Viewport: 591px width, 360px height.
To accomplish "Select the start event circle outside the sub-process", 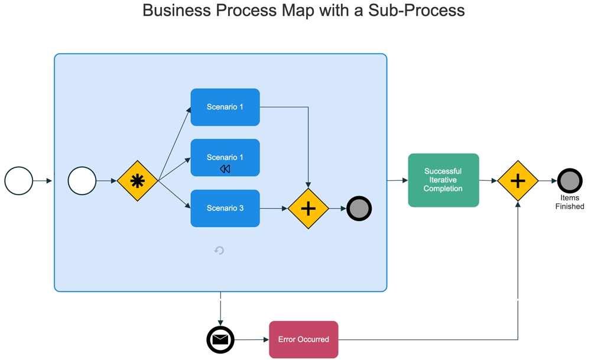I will point(19,180).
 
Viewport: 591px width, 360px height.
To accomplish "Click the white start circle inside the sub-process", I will point(82,180).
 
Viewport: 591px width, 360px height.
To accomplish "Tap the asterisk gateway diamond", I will point(137,181).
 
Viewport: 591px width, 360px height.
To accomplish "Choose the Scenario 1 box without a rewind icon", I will point(225,107).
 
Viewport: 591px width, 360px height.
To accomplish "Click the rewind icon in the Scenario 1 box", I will point(225,169).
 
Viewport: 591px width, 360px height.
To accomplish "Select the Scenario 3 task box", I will point(225,208).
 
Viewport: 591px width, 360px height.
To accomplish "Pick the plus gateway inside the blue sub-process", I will point(308,209).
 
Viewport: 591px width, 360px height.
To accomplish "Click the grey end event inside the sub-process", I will point(359,209).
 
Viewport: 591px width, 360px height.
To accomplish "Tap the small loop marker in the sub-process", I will point(219,251).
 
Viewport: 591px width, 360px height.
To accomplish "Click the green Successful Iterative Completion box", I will point(443,180).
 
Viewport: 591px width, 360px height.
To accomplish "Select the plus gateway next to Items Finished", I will point(518,181).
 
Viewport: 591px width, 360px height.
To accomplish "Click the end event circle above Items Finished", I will point(570,181).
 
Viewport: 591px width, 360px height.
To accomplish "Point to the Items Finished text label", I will point(570,202).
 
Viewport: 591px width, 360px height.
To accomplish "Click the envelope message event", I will point(220,340).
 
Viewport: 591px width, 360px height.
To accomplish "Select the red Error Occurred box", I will point(304,339).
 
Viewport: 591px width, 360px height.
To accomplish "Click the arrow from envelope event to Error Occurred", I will point(252,340).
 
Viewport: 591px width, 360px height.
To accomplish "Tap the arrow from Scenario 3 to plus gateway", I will point(274,209).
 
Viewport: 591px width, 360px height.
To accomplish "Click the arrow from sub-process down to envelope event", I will point(220,308).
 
